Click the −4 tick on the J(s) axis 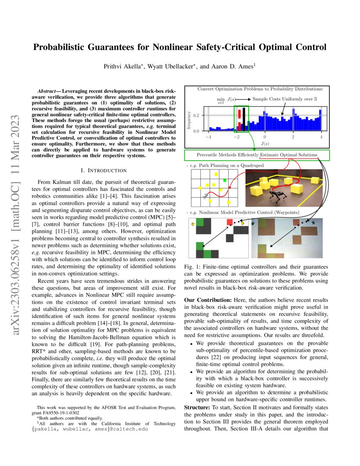coord(208,137)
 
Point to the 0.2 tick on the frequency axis coord(196,115)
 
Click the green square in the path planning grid coord(225,181)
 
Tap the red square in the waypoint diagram coord(230,222)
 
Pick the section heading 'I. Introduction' coord(103,170)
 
